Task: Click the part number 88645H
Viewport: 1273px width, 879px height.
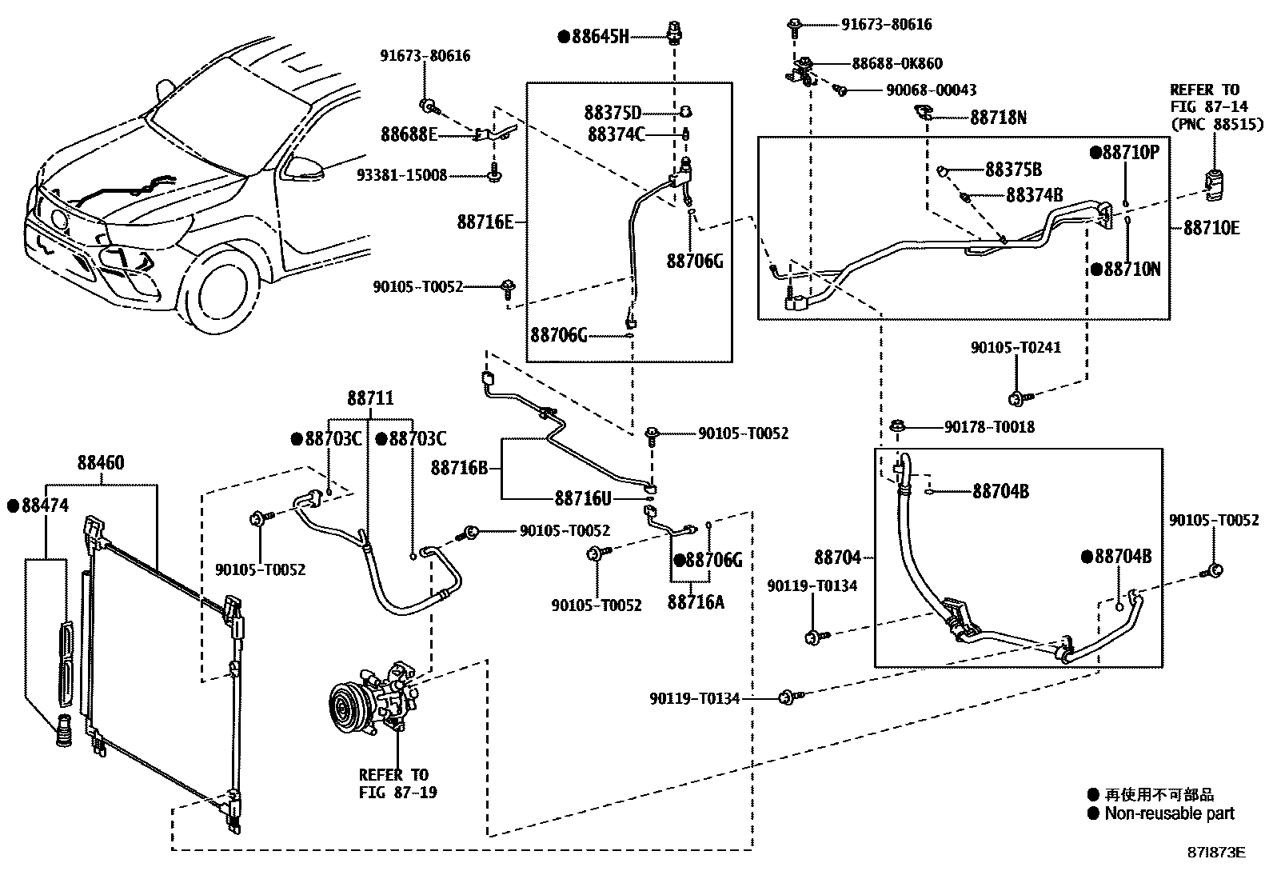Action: (x=600, y=36)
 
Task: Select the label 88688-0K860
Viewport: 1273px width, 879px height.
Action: (x=896, y=63)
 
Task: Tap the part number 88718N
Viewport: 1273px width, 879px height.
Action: (x=998, y=118)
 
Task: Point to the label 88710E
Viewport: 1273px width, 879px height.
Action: (x=1211, y=228)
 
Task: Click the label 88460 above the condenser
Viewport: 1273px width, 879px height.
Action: (x=101, y=463)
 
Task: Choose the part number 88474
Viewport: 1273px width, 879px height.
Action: (x=45, y=505)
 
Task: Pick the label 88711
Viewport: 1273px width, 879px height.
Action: (x=370, y=398)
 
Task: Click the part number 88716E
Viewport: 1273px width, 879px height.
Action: (x=485, y=222)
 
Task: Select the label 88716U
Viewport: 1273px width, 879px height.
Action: (x=583, y=498)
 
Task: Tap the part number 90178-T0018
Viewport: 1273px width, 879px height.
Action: (x=989, y=427)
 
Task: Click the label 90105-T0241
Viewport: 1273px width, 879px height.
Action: (x=1016, y=348)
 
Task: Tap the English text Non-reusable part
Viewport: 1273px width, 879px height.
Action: (x=1169, y=814)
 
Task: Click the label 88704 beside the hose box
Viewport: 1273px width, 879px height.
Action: (x=838, y=557)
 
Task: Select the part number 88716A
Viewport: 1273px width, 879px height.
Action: (x=695, y=602)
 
